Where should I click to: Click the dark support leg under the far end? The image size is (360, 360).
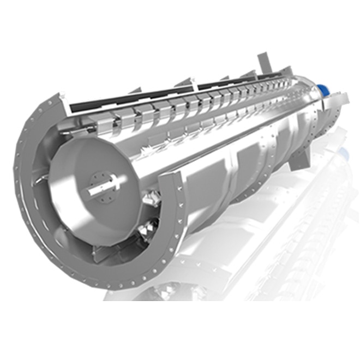pos(299,158)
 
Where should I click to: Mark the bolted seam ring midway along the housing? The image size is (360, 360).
pos(234,164)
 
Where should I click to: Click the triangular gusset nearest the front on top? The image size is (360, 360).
pos(187,82)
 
